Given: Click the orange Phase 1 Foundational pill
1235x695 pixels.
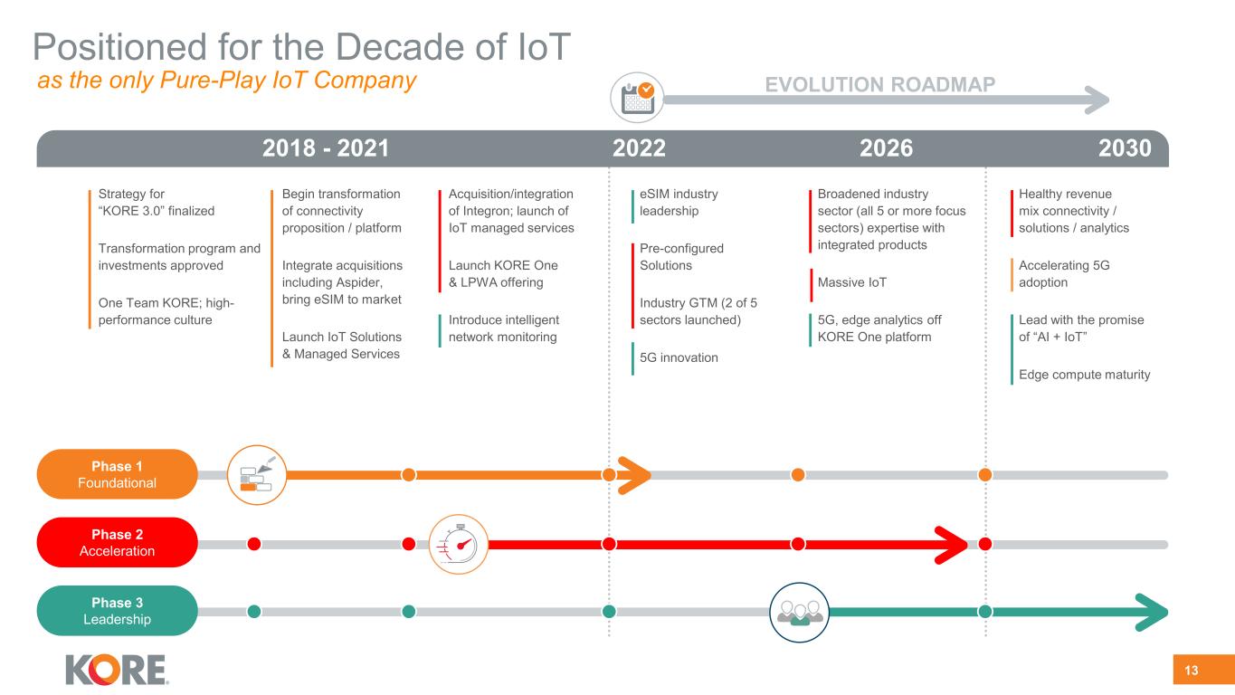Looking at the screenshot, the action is tap(117, 474).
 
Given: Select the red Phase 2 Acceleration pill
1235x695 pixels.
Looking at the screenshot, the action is tap(117, 542).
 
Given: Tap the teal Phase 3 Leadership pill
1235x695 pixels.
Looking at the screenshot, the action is tap(117, 611).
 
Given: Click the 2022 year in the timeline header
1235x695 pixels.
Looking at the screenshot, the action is tap(639, 148).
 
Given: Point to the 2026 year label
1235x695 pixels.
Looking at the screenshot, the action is tap(886, 148).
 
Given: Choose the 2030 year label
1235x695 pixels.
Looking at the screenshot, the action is tap(1125, 148).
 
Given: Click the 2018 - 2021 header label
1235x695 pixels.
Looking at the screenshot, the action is tap(326, 148).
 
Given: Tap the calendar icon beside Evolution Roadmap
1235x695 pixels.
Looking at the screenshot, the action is tap(637, 98).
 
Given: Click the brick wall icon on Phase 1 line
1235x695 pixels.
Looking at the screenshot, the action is tap(257, 475).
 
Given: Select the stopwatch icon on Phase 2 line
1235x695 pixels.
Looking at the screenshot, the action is tap(459, 545).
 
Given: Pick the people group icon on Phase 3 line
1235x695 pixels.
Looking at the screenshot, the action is tap(800, 613).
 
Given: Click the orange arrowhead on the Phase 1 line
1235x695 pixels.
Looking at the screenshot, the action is tap(634, 475).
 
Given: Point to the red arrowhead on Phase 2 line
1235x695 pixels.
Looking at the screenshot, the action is tap(951, 545).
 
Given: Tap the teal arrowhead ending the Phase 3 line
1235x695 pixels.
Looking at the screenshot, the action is tap(1153, 613).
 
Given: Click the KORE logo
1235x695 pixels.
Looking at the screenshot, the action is tap(117, 670).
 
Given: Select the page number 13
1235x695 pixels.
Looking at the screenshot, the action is tap(1191, 671).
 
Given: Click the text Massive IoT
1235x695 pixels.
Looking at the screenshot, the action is tap(851, 282).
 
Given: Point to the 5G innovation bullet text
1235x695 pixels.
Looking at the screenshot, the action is tap(679, 357).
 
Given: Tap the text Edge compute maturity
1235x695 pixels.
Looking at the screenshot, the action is tap(1085, 375).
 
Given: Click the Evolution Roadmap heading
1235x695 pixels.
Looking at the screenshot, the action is tap(880, 84).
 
